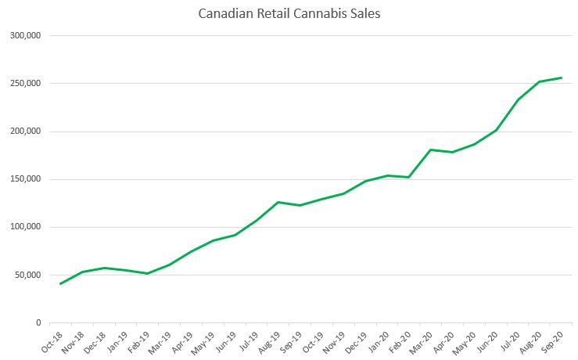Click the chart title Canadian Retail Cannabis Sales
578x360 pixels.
coord(289,14)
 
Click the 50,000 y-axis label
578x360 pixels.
coord(27,275)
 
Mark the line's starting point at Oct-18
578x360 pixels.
coord(60,283)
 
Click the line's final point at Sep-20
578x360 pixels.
coord(562,77)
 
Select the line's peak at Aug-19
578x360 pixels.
coord(278,202)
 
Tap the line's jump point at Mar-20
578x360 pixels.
coord(431,149)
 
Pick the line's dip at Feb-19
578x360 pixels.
coord(147,273)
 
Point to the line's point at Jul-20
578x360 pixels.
coord(518,99)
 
